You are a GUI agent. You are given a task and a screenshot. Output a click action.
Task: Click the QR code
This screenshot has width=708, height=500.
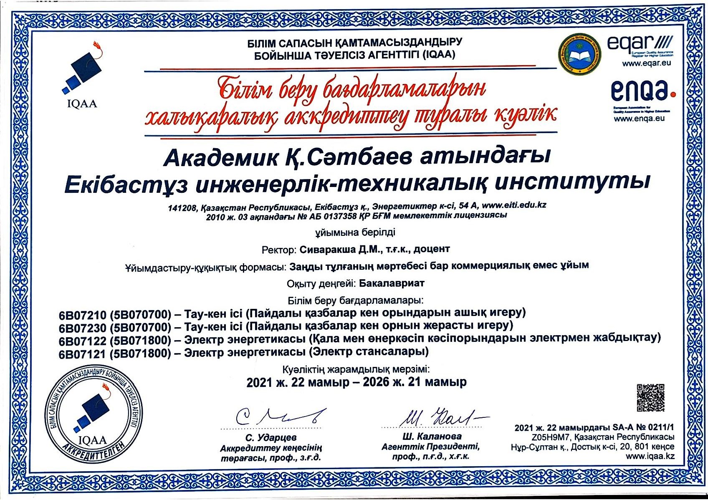tap(650, 398)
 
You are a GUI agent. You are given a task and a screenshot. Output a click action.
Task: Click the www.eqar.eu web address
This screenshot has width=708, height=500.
tap(646, 63)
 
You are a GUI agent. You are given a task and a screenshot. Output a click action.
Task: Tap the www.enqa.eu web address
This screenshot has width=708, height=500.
tap(639, 119)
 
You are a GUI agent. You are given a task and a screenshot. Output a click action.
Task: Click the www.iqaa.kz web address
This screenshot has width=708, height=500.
tap(650, 456)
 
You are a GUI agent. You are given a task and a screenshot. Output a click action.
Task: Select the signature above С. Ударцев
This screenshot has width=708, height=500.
tap(278, 416)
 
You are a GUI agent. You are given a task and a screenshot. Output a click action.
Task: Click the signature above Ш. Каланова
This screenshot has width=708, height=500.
tap(436, 416)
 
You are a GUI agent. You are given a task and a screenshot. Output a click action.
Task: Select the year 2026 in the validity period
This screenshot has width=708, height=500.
tap(376, 382)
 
